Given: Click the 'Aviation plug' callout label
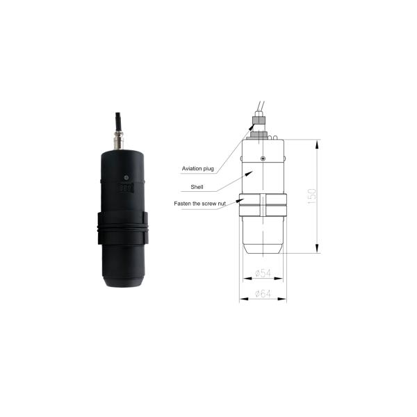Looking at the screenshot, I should coord(197,169).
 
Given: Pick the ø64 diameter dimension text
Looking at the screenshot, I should coord(263,294).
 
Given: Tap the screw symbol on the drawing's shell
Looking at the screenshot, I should coord(262,158).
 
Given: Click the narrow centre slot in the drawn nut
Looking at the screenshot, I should coord(263,206).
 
